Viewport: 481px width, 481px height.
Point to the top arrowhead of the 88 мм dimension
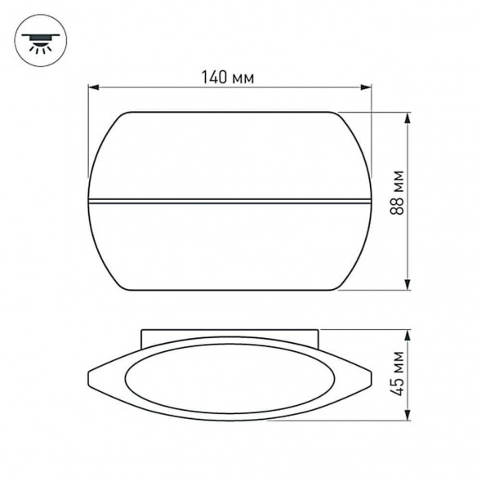point(408,117)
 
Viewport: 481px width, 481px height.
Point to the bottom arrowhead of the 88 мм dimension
point(408,284)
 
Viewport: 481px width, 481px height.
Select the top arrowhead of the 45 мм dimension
point(408,334)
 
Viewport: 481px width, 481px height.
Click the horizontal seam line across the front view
point(229,198)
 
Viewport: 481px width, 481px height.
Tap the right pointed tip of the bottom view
point(372,379)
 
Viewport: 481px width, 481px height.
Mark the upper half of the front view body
point(229,155)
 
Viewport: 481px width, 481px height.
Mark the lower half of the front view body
point(229,245)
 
